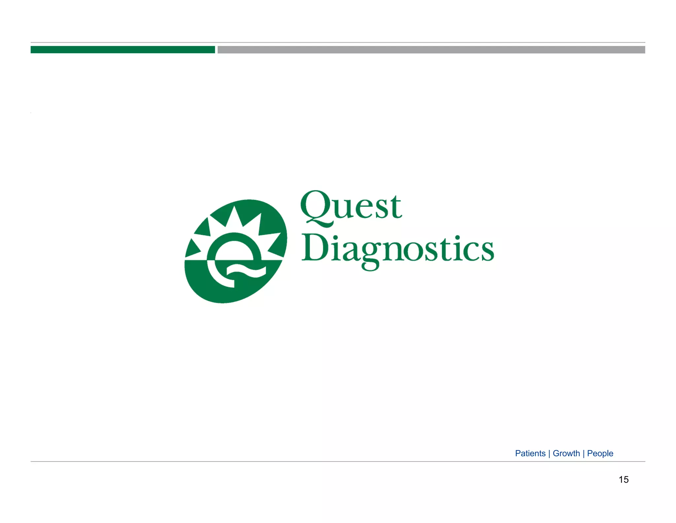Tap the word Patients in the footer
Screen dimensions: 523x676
[530, 453]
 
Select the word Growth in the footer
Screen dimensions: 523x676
[566, 453]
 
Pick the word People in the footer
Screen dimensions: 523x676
[600, 453]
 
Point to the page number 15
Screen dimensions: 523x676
[624, 479]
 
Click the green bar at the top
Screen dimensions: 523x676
[122, 50]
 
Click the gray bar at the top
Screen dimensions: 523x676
[431, 50]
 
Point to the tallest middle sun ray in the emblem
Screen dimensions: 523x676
[235, 217]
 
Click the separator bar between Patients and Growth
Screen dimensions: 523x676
[549, 453]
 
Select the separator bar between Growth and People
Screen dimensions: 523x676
[584, 453]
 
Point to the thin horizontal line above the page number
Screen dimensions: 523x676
[338, 462]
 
